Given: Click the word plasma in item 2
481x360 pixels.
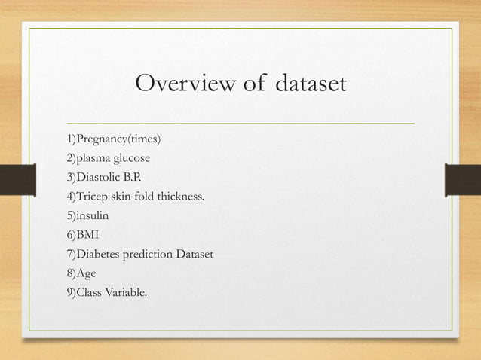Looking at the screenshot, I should (x=93, y=159).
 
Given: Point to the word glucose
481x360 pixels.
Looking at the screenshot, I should (x=131, y=159).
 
